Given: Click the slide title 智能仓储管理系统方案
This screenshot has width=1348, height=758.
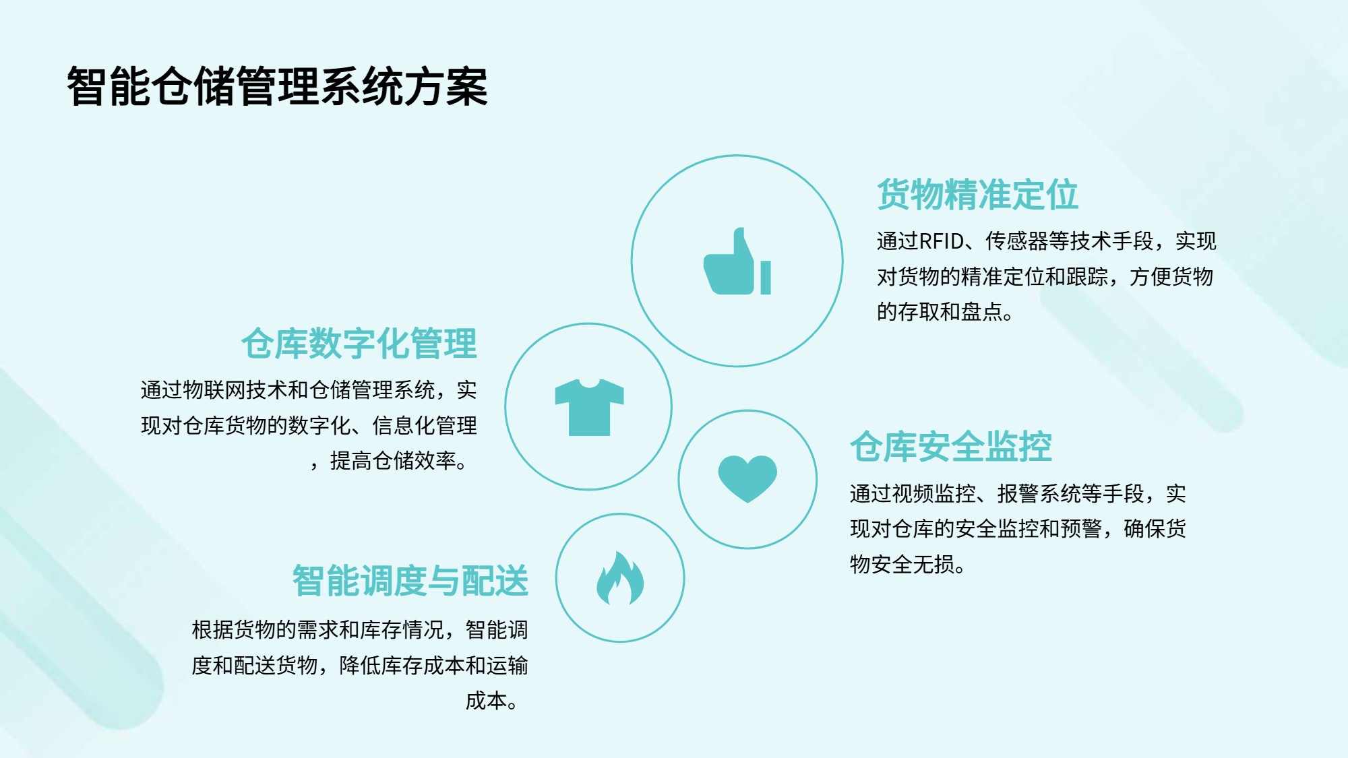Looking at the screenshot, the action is point(277,86).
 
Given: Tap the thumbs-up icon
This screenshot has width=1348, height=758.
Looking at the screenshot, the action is point(737,261).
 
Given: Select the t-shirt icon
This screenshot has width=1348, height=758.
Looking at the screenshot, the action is point(589,407).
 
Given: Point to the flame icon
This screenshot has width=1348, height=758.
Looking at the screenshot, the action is point(620,578).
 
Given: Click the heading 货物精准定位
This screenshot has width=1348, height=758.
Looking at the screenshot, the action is point(977,195).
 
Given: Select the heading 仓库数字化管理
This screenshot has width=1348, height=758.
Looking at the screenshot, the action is point(359,344).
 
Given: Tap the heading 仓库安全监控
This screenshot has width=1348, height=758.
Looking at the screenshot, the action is point(950,447).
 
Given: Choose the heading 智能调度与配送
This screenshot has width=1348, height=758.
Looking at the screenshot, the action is point(410,581).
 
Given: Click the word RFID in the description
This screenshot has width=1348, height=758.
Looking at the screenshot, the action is point(942,241).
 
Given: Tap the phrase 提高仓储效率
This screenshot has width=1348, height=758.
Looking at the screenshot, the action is point(393,461).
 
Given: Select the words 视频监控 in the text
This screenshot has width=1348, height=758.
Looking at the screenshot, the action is point(934,494).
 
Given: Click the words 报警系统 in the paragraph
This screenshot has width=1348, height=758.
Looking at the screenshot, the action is point(1039,494).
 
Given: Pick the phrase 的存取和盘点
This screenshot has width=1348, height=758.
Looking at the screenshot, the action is point(940,312).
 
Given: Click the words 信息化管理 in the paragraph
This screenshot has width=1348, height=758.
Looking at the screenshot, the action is point(425,426).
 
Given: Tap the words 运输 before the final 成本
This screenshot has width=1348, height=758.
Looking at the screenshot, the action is point(508,666).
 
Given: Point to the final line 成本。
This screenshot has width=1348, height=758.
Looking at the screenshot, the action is point(491,701).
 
